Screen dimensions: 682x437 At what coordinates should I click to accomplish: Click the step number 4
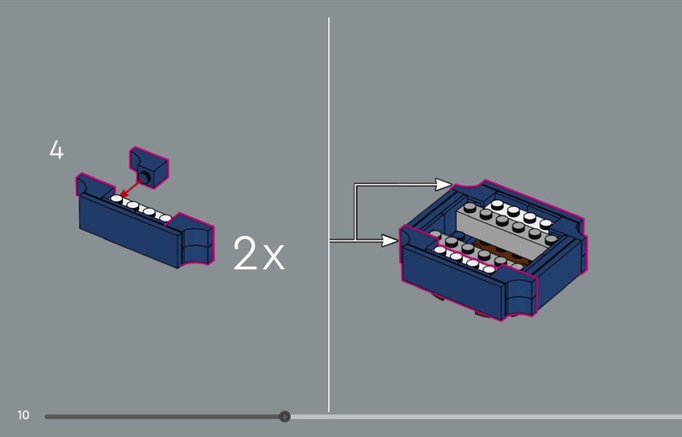click(x=56, y=150)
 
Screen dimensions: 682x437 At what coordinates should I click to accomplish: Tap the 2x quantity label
click(x=259, y=253)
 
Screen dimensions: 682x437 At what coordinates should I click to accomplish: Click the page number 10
click(x=24, y=415)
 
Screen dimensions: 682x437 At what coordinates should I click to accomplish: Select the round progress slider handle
click(x=285, y=417)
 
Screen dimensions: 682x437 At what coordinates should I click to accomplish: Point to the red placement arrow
click(x=131, y=188)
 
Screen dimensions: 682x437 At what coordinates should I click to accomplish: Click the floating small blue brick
click(x=148, y=168)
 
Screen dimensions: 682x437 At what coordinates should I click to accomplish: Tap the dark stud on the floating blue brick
click(x=143, y=176)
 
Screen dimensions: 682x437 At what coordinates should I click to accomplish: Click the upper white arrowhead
click(x=443, y=184)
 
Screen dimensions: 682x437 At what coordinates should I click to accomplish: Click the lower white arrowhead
click(x=390, y=240)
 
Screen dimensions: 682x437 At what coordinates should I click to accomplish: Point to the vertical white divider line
click(x=329, y=215)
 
